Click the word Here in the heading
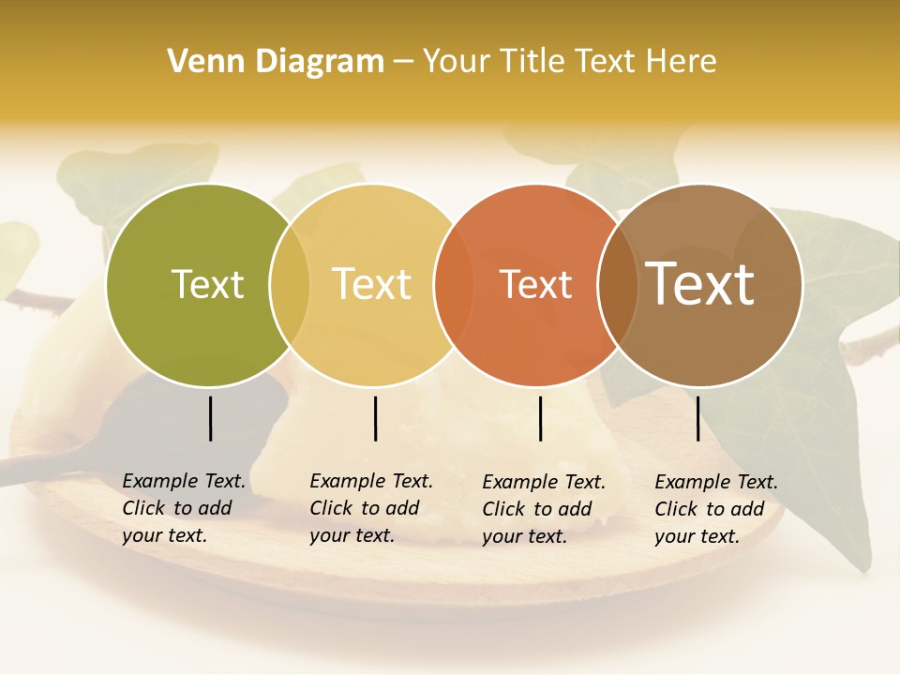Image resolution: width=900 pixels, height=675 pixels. (682, 62)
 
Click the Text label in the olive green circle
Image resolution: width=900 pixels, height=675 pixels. (207, 284)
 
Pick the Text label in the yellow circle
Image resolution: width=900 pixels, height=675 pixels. (372, 284)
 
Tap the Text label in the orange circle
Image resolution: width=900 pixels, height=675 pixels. (536, 284)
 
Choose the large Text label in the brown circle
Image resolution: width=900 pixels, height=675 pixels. (700, 283)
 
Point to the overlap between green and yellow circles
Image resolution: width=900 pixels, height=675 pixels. (290, 285)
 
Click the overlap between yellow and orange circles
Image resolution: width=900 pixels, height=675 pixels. (454, 285)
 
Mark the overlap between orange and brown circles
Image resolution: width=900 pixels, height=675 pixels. (618, 285)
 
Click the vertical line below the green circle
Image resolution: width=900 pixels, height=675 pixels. (210, 418)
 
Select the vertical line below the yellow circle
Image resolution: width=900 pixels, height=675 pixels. (375, 418)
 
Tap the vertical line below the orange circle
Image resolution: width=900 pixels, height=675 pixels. (540, 418)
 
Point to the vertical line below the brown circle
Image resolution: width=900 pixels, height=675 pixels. (697, 418)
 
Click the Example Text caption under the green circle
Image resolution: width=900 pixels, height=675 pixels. (184, 508)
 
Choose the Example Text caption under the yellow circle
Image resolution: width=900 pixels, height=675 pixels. (371, 508)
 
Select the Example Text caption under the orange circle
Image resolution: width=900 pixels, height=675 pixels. (544, 509)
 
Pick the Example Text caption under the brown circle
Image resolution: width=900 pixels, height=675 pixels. (716, 509)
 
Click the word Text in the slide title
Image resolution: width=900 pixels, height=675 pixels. (606, 62)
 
